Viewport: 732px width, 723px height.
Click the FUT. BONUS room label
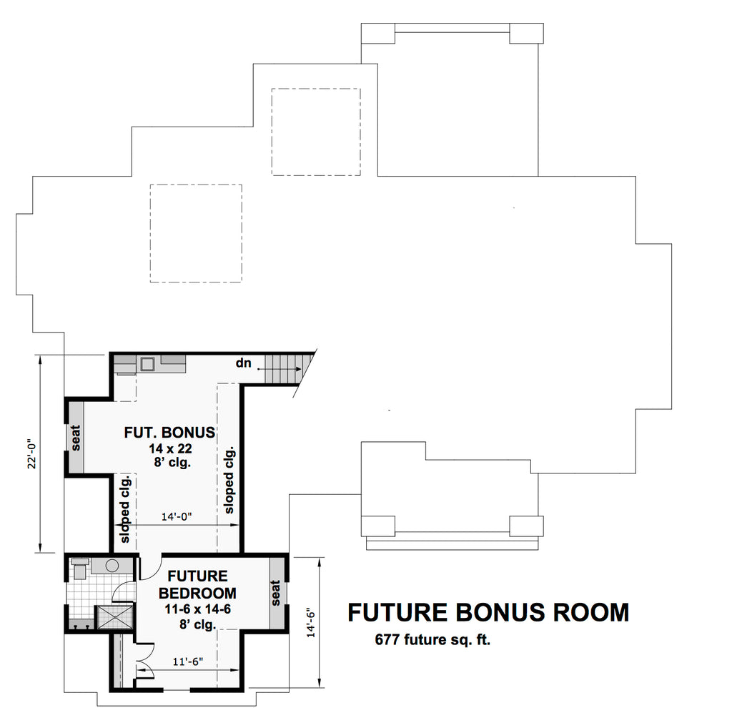click(169, 432)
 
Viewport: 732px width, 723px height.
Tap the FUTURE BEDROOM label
click(197, 584)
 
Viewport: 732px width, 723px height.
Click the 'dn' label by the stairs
click(243, 363)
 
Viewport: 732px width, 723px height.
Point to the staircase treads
click(283, 369)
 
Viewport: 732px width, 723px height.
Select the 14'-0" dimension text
click(177, 516)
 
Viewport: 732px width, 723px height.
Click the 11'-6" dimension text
click(188, 661)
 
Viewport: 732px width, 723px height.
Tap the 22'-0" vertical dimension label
click(31, 453)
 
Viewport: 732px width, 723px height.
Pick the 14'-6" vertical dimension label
click(312, 622)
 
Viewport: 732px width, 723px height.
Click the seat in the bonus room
click(76, 437)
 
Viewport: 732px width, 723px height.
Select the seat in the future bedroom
click(277, 593)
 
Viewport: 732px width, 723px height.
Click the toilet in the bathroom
click(80, 569)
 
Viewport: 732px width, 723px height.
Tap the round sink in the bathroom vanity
click(112, 566)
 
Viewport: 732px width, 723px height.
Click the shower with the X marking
click(114, 617)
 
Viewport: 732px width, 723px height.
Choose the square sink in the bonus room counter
click(149, 364)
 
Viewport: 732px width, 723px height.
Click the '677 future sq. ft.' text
click(432, 640)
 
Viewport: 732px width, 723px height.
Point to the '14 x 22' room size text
click(170, 448)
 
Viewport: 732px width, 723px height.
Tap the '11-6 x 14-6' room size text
click(198, 609)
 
